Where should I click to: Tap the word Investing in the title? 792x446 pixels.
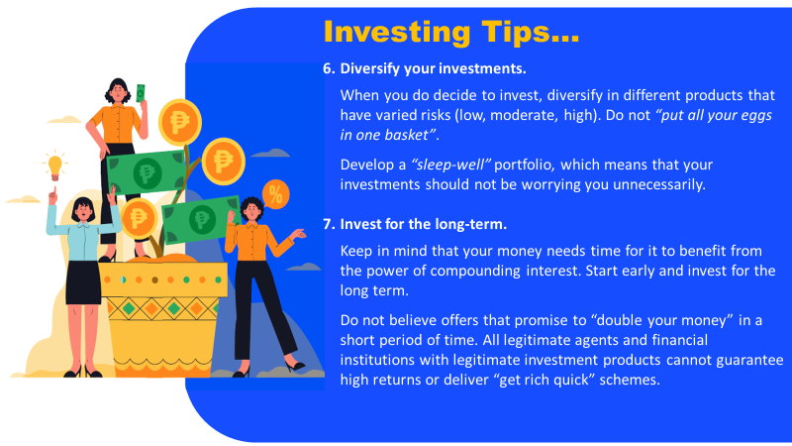(x=397, y=33)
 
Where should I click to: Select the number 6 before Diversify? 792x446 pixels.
(x=329, y=68)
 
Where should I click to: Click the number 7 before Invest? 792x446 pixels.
(x=329, y=224)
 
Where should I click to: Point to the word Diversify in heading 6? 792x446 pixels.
(x=369, y=68)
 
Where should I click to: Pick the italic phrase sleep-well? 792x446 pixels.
(x=451, y=165)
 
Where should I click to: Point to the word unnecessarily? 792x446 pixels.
(x=658, y=184)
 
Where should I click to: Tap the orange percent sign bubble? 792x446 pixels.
(x=276, y=194)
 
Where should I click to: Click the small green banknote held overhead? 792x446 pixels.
(x=141, y=93)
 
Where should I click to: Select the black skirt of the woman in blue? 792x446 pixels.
(x=83, y=282)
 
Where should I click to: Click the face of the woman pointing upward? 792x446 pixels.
(x=82, y=211)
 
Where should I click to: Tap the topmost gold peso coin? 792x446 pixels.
(x=180, y=122)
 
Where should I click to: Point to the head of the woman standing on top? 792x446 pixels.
(x=118, y=91)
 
